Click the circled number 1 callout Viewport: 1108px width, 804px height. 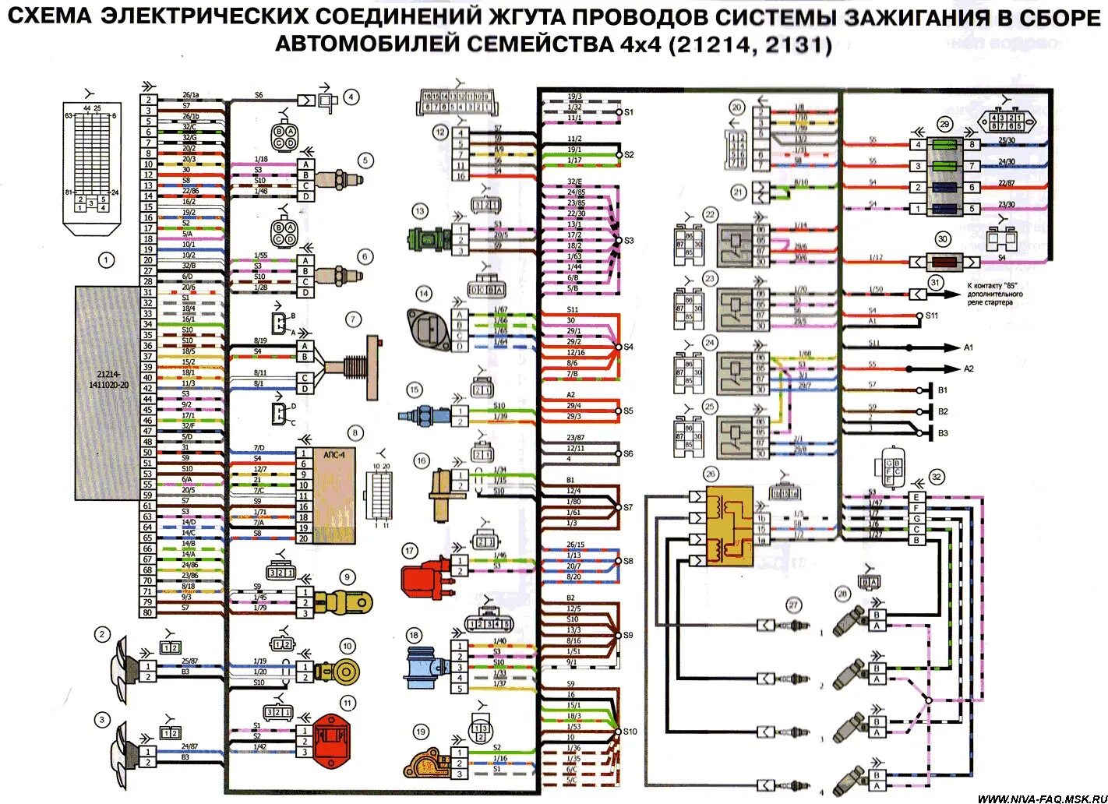tap(106, 260)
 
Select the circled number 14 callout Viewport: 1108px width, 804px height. tap(423, 294)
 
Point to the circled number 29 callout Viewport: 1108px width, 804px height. tap(944, 124)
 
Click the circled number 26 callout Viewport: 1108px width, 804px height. tap(710, 474)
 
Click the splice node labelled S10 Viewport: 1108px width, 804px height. tap(630, 732)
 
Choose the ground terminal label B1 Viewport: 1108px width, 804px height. tap(943, 390)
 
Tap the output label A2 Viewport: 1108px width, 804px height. tap(969, 368)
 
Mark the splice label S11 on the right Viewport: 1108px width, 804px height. tap(932, 316)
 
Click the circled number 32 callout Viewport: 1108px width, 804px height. tap(937, 477)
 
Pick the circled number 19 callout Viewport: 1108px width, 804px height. tap(421, 732)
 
